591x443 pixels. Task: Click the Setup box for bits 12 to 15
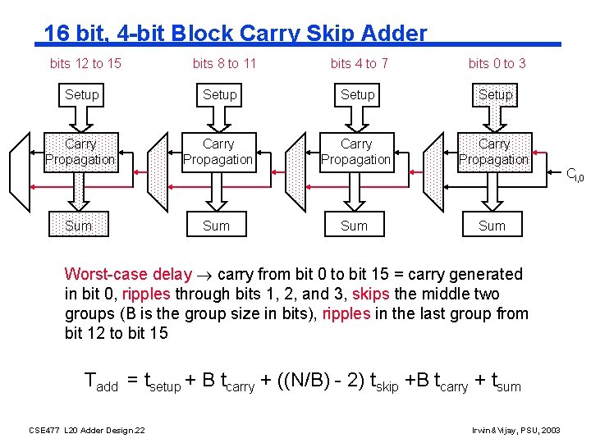[x=82, y=95]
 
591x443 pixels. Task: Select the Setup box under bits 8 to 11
[x=220, y=95]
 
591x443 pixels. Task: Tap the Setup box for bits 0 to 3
[x=496, y=95]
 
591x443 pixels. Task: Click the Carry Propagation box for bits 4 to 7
[x=356, y=152]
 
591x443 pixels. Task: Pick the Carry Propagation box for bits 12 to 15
[x=80, y=152]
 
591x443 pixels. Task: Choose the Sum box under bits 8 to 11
[x=217, y=226]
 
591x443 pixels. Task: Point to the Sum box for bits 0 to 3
[x=492, y=226]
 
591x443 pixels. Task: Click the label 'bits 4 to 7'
[x=360, y=63]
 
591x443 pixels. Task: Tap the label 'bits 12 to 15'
[x=85, y=63]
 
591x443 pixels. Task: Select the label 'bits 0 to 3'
[x=497, y=63]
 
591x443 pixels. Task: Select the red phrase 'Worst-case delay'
[x=128, y=274]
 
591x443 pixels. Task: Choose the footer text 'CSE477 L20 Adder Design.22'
[x=87, y=430]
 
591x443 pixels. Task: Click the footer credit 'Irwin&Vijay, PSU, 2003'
[x=516, y=430]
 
